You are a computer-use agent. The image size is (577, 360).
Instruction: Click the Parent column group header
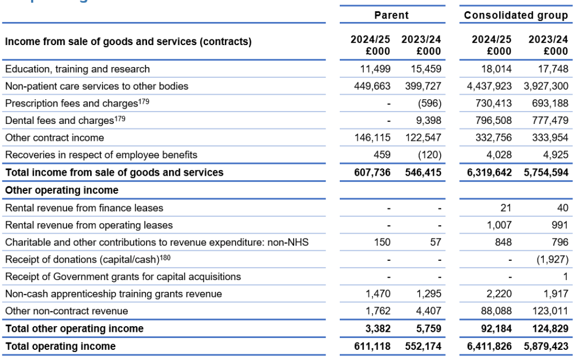(x=392, y=15)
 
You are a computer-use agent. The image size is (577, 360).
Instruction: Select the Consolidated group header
(x=515, y=15)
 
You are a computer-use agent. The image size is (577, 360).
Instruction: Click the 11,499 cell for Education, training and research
(x=375, y=69)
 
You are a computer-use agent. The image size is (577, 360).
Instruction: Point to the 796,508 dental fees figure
(x=492, y=121)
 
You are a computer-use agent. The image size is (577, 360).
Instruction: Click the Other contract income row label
(x=55, y=138)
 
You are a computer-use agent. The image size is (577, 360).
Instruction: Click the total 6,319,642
(x=490, y=172)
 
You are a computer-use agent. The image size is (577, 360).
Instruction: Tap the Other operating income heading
(x=61, y=190)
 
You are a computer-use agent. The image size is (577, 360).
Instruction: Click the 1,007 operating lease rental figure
(x=500, y=225)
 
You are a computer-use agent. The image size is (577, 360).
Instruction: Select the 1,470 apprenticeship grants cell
(x=378, y=294)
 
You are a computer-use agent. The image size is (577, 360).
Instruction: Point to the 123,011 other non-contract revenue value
(x=549, y=311)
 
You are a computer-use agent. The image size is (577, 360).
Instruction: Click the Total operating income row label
(x=60, y=346)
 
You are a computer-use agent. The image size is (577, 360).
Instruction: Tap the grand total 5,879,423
(x=546, y=346)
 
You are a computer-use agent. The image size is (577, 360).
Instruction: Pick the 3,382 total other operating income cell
(x=378, y=329)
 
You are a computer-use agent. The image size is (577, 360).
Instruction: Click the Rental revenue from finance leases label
(x=84, y=208)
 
